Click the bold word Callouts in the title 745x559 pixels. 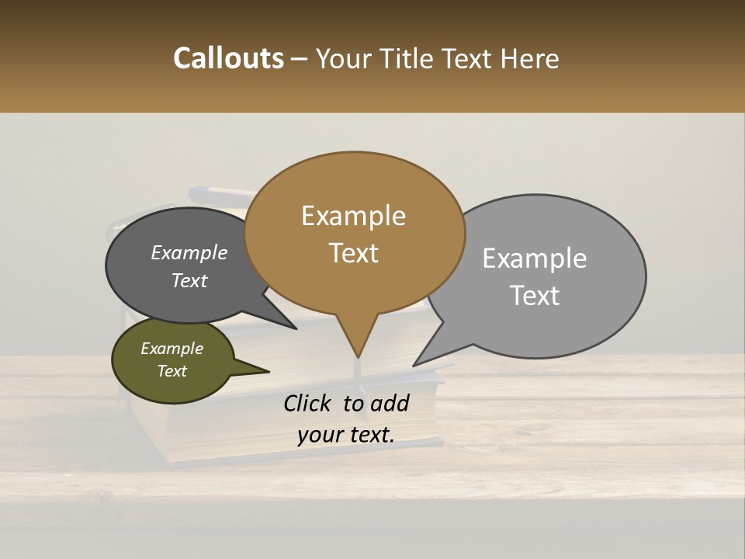[x=228, y=58]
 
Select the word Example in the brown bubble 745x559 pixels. [x=353, y=216]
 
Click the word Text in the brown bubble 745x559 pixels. [x=353, y=253]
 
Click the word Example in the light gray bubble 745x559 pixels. [x=535, y=259]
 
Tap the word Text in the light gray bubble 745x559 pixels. [x=535, y=296]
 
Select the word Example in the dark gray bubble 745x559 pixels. [x=189, y=252]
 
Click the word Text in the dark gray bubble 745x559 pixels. [x=189, y=281]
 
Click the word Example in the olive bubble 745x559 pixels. [x=172, y=349]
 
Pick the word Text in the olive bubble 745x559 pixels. [x=172, y=371]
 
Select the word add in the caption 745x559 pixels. [x=390, y=403]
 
